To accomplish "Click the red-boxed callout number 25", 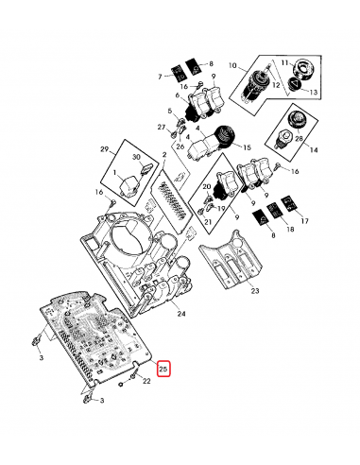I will (163, 369).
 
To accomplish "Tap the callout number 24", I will (181, 313).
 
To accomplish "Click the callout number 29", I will (105, 151).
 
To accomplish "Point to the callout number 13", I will (315, 93).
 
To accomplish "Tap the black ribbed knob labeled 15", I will (223, 137).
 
